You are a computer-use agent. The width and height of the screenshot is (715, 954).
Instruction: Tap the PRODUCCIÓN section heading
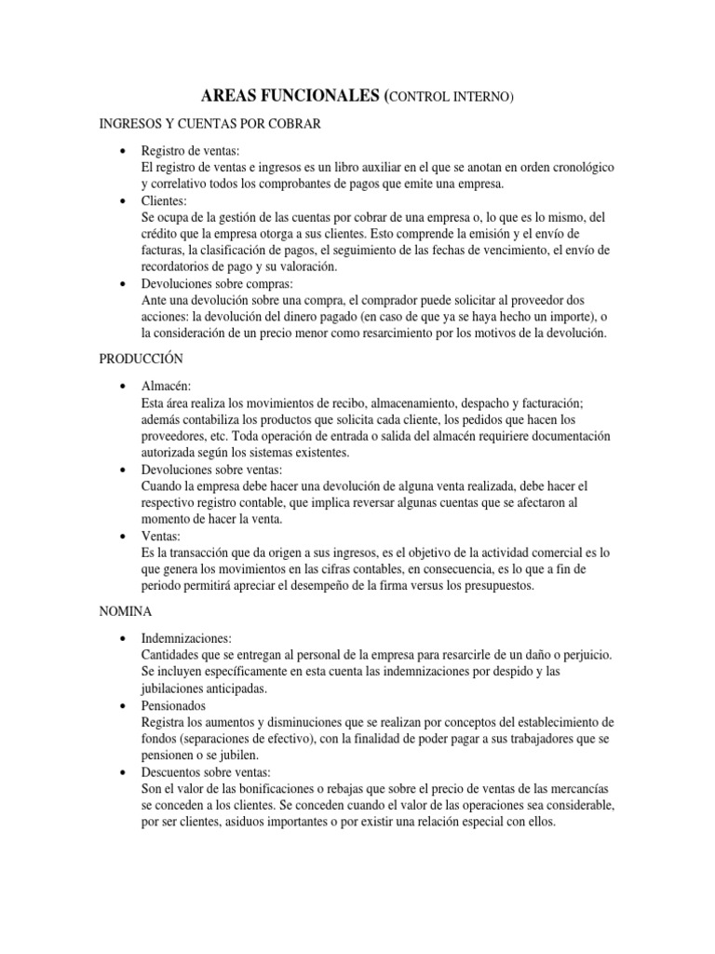coord(141,358)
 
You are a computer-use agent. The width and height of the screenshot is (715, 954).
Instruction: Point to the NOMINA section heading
coord(127,612)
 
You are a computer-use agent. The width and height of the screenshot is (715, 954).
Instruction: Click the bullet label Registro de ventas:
coord(190,151)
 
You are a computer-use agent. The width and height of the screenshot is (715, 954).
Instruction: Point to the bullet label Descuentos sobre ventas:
coord(206,772)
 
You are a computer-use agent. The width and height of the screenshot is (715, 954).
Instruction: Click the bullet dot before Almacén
coord(124,386)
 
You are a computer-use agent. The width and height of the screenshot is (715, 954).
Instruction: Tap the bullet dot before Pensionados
coord(124,707)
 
